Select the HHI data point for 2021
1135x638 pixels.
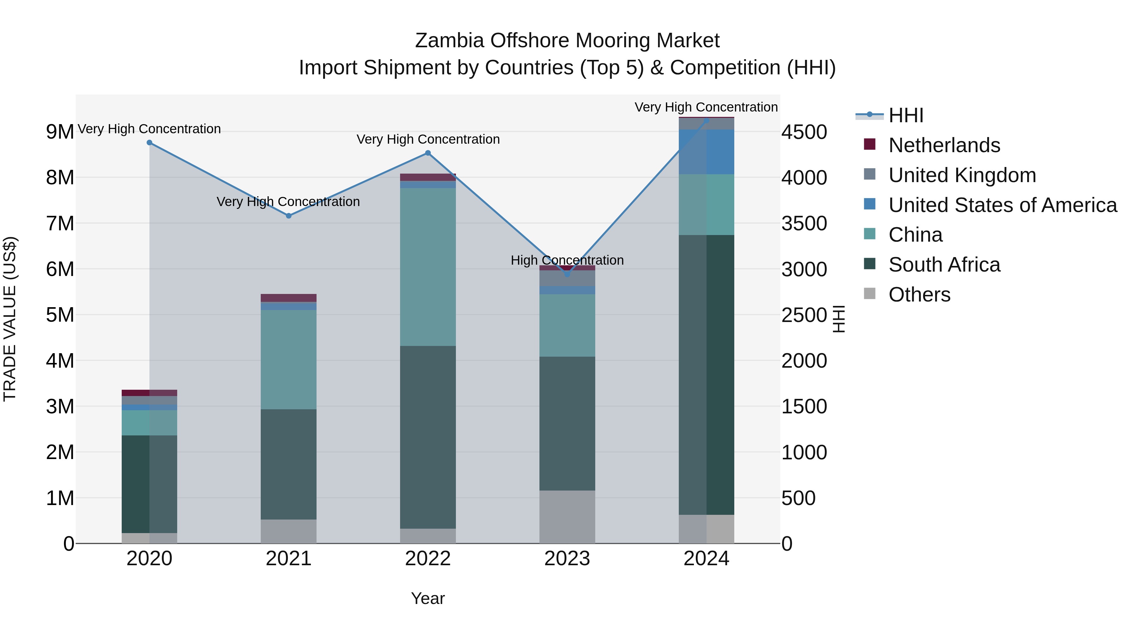(x=288, y=216)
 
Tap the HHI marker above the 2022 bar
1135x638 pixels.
(x=428, y=153)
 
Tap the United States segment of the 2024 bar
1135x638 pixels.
(x=706, y=152)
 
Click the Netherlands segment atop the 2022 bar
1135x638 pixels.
(x=428, y=177)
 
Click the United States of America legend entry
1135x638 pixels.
(x=1002, y=205)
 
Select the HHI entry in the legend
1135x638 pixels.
(x=905, y=115)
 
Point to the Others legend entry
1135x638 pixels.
(x=919, y=295)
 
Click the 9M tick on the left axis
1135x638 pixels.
(x=60, y=132)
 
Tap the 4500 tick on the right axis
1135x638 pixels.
(x=804, y=132)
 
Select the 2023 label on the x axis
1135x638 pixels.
(x=567, y=559)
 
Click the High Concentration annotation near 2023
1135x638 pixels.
(x=567, y=260)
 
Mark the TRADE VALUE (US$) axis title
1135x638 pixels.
(x=10, y=319)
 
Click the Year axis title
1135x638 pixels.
(x=428, y=598)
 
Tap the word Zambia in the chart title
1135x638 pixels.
(x=449, y=41)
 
